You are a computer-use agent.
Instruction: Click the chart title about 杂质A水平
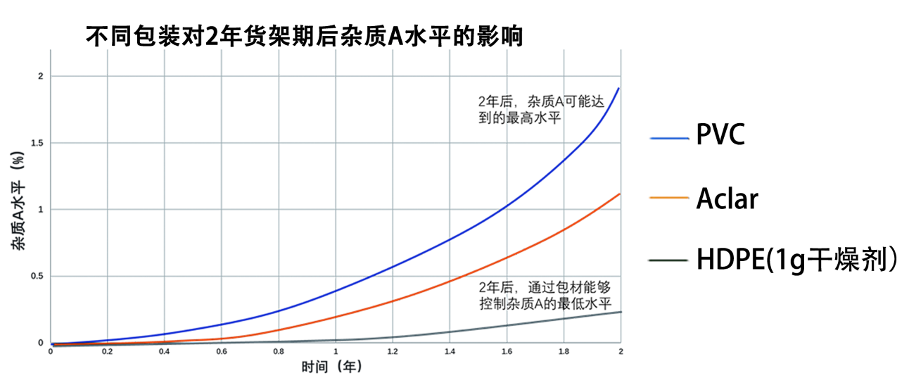tap(304, 36)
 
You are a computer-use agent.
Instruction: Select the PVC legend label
tap(720, 135)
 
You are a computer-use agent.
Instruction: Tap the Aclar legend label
tap(727, 199)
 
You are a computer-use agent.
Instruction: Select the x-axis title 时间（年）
tap(332, 366)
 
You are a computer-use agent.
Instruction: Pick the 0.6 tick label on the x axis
tap(222, 351)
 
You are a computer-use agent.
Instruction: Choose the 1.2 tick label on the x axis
tap(393, 351)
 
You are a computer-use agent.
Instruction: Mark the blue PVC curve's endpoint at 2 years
tap(619, 88)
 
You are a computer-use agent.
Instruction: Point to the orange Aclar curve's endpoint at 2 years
tap(619, 194)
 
